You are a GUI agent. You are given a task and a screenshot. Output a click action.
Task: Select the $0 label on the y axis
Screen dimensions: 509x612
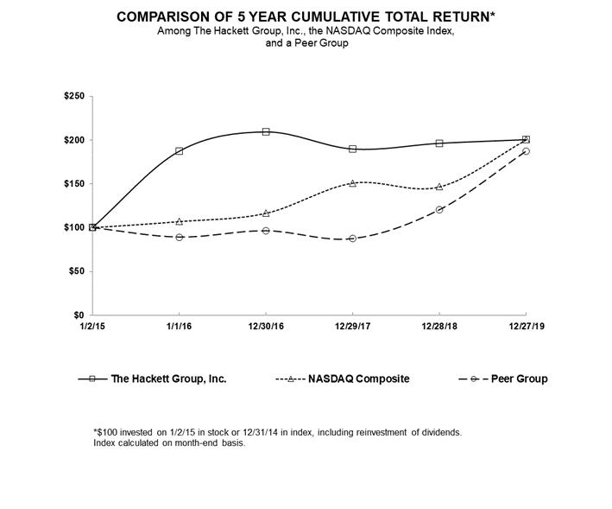(x=78, y=315)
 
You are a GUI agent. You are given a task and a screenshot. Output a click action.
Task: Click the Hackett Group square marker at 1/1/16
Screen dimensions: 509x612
(x=179, y=151)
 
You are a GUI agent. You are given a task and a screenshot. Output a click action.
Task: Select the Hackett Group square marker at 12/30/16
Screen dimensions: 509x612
(x=266, y=131)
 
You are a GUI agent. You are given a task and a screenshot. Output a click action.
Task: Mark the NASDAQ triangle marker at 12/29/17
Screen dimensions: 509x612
(x=352, y=183)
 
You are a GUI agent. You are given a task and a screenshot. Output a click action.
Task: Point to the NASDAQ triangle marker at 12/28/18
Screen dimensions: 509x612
(x=439, y=187)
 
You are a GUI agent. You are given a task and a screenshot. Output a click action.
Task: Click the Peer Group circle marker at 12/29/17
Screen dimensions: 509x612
(x=352, y=239)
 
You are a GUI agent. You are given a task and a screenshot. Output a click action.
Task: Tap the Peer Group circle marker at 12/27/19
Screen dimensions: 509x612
(x=526, y=151)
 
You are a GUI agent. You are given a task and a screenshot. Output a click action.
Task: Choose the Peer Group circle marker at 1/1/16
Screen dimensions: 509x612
(x=179, y=237)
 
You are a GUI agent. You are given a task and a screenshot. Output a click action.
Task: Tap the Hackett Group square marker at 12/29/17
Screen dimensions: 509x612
(x=352, y=149)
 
